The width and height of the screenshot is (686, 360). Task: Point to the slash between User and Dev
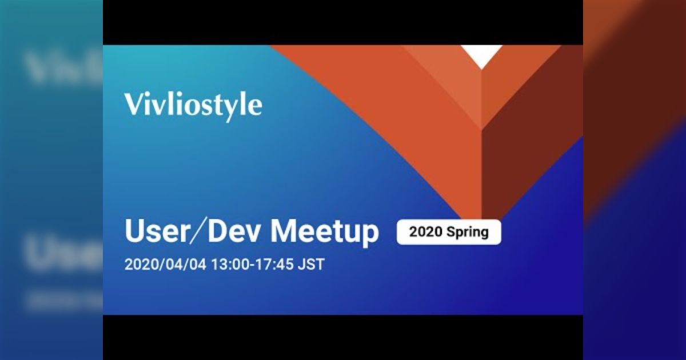pyautogui.click(x=195, y=232)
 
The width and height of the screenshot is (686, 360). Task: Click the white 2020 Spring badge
pyautogui.click(x=449, y=232)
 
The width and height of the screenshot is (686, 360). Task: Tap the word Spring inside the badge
pyautogui.click(x=468, y=232)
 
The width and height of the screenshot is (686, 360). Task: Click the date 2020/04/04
pyautogui.click(x=166, y=265)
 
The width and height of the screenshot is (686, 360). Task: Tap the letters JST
pyautogui.click(x=312, y=265)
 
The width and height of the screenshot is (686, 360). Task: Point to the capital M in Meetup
pyautogui.click(x=284, y=232)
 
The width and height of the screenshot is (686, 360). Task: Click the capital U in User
pyautogui.click(x=133, y=232)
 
